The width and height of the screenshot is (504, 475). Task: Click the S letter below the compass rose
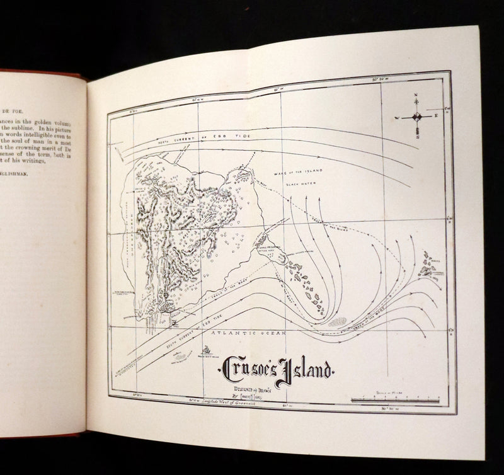(x=416, y=136)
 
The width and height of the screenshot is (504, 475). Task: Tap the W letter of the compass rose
(x=398, y=117)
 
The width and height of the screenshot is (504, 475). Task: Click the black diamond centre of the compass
(x=416, y=117)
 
